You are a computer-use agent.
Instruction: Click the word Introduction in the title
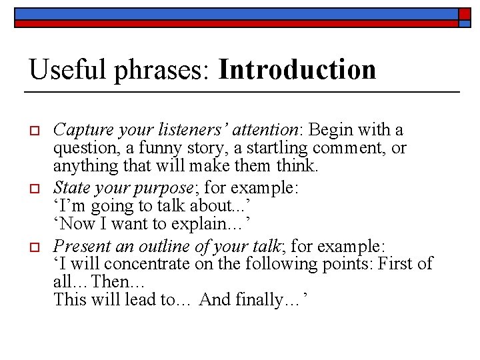[297, 70]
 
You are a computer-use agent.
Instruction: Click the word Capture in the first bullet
[78, 129]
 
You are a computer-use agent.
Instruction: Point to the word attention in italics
[270, 129]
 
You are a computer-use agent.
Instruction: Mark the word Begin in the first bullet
[330, 129]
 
